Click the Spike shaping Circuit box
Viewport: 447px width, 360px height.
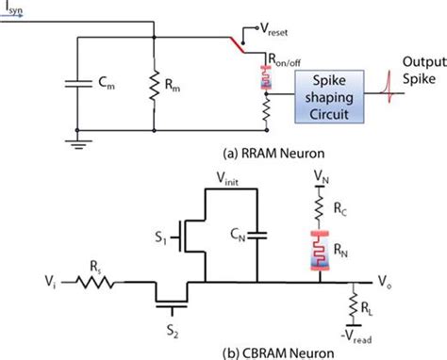coord(329,96)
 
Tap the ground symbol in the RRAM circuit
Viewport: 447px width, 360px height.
coord(78,144)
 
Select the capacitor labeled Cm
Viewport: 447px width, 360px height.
coord(78,84)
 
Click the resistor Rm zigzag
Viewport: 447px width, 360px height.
coord(154,85)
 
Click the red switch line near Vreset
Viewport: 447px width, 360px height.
coord(238,45)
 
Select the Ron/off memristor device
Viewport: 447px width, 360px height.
coord(266,77)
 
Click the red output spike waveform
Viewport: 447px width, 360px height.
coord(389,87)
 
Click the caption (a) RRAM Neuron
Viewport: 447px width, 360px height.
coord(273,154)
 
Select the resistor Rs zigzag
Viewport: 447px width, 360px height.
coord(95,282)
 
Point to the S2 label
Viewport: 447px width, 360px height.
coord(173,331)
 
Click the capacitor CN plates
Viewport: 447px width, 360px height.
coord(257,236)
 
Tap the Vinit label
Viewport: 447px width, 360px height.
coord(227,179)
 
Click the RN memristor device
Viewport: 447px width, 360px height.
coord(320,251)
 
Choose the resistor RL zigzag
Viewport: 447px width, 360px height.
coord(354,305)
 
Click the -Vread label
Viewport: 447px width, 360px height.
coord(356,336)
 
